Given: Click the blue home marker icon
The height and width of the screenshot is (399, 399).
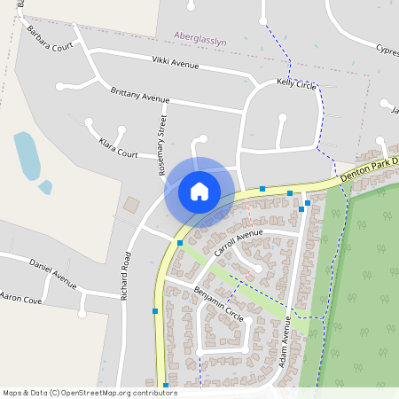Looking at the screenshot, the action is click(x=199, y=191).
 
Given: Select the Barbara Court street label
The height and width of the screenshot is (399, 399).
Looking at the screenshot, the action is click(x=50, y=40).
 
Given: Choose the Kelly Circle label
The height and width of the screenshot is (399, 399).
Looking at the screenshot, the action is click(x=296, y=83).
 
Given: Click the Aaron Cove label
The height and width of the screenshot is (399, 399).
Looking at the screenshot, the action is click(x=21, y=299).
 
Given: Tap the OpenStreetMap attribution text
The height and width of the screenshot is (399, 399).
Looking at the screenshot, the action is click(x=90, y=392).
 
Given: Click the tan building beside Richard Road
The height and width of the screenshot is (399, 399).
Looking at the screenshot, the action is click(x=131, y=205).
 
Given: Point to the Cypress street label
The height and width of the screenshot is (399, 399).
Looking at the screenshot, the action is click(x=387, y=50).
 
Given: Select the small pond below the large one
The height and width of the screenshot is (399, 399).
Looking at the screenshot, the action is click(x=44, y=187).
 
